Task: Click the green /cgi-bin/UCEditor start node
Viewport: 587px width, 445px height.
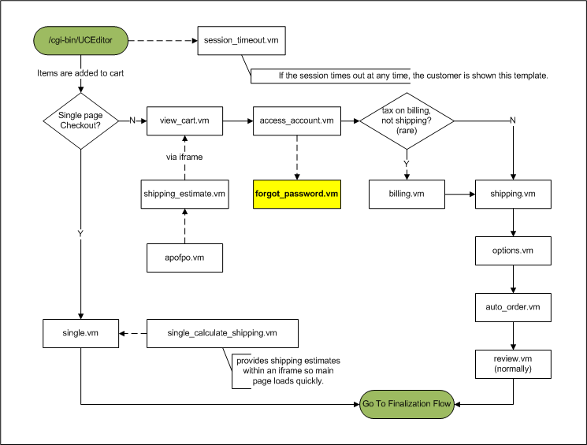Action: pos(81,40)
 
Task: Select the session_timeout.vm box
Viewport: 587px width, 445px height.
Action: pos(241,40)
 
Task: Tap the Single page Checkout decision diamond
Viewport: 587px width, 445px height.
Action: pos(81,121)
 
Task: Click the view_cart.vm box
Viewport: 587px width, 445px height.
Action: pos(184,121)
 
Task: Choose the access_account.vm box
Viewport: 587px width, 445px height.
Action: pos(297,121)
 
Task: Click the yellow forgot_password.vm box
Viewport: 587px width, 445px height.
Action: pos(297,194)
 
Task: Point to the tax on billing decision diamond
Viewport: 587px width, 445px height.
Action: pos(407,121)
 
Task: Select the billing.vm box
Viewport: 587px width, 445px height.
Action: pos(407,194)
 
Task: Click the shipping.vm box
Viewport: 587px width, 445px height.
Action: pos(513,194)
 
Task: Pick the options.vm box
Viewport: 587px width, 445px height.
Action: pos(513,250)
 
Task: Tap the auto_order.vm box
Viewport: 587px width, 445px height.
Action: pos(513,307)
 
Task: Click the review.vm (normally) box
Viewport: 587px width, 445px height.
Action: pos(513,364)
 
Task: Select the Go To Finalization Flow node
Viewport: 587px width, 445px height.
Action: pos(407,404)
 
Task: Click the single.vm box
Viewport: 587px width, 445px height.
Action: pos(81,333)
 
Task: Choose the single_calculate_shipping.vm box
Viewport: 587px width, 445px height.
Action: pos(222,333)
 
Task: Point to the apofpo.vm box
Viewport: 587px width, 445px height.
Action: pos(184,258)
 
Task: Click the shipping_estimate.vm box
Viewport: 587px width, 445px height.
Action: pos(184,194)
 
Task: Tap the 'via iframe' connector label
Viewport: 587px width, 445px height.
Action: pos(184,158)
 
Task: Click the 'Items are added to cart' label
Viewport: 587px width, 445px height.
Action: pos(80,73)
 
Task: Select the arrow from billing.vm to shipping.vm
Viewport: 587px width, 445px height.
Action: pos(460,195)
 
